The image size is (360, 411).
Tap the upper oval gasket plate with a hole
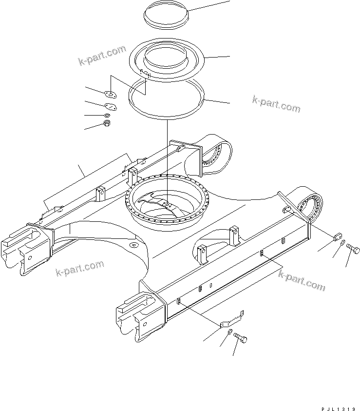[111, 95]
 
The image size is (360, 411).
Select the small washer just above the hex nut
[108, 116]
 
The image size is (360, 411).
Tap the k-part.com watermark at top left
[102, 57]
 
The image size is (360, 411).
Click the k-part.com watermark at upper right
[276, 103]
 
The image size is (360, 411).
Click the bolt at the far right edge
[354, 251]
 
